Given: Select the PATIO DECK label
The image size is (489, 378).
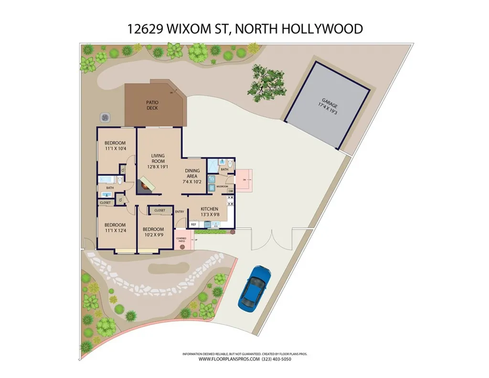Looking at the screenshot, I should pyautogui.click(x=152, y=105).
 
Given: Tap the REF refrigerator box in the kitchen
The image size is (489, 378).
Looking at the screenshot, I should pyautogui.click(x=194, y=224).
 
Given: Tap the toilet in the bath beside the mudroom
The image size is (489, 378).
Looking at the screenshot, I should pyautogui.click(x=230, y=164).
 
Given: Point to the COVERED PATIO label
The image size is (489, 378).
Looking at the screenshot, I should pyautogui.click(x=181, y=239).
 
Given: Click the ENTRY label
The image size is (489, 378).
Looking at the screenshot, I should pyautogui.click(x=180, y=212).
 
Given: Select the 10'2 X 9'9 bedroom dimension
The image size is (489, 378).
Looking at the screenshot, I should pyautogui.click(x=153, y=235).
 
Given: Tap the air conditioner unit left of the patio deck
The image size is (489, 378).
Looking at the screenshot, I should pyautogui.click(x=105, y=117).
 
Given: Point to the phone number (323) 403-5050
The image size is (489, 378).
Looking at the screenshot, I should pyautogui.click(x=276, y=359).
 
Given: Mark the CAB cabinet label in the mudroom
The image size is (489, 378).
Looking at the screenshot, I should pyautogui.click(x=231, y=191).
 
